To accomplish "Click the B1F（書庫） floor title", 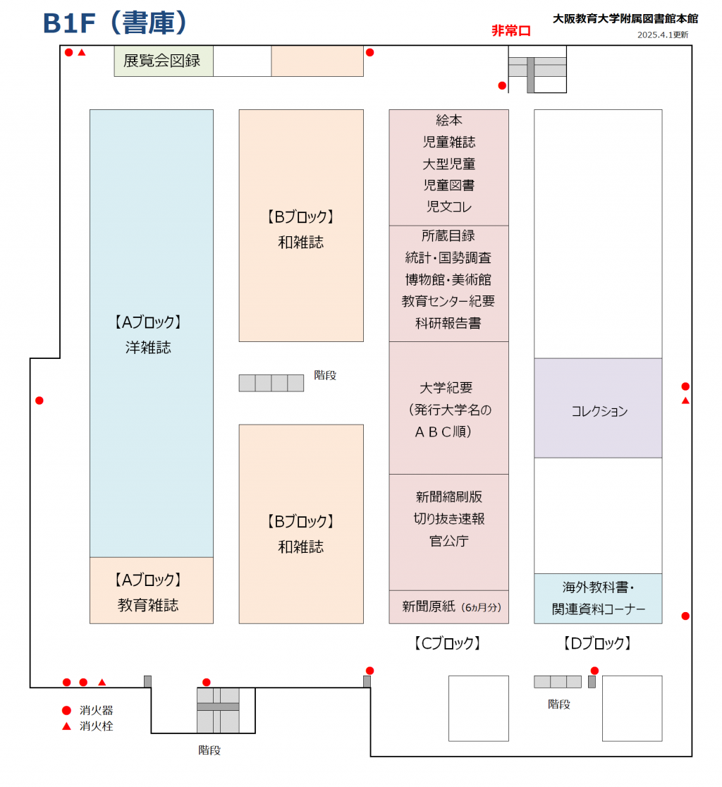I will click(x=116, y=23).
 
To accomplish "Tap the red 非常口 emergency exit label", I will click(x=510, y=31).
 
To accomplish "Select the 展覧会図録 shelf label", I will click(x=162, y=61).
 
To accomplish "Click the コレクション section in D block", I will click(x=599, y=411).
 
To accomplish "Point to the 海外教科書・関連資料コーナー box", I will click(x=598, y=599).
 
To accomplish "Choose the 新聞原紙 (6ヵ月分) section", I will click(x=448, y=606).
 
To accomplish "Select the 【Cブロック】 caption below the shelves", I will click(x=448, y=643).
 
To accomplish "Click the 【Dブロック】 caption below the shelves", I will click(x=597, y=643).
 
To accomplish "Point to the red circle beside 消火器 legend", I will click(x=67, y=710).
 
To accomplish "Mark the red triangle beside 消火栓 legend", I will click(x=67, y=726).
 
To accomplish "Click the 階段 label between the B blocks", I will click(x=326, y=375).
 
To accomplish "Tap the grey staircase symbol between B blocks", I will click(x=271, y=383).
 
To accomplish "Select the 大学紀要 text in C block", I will click(x=446, y=388).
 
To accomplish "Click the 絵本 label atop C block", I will click(x=448, y=121).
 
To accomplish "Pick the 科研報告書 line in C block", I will click(x=448, y=323).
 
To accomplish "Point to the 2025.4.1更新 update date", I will click(x=663, y=35).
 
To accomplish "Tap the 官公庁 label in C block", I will click(x=448, y=541).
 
